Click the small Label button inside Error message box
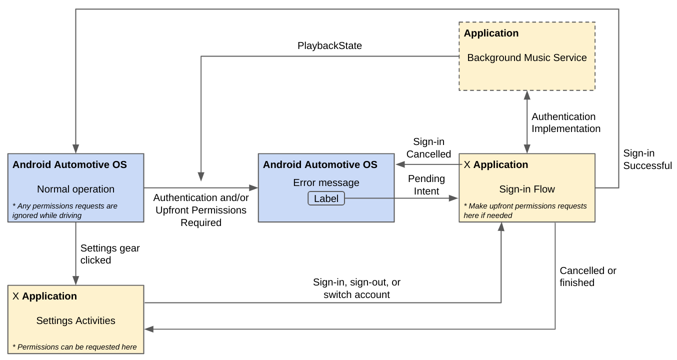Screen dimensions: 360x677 (326, 198)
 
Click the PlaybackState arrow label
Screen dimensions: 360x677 (329, 46)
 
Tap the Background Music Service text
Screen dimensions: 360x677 (526, 58)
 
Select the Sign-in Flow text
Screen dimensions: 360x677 (527, 189)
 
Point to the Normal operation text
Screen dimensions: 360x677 (75, 189)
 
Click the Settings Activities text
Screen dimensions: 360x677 (75, 321)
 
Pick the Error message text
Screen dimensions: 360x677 (326, 183)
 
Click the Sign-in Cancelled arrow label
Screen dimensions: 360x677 (428, 148)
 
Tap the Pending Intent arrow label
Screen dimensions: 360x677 (426, 185)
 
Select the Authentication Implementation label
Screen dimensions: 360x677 (565, 122)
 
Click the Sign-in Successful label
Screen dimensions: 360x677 (647, 159)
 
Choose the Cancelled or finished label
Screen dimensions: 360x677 (587, 276)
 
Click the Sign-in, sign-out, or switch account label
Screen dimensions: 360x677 (356, 288)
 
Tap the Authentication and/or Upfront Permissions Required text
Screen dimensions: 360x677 (201, 210)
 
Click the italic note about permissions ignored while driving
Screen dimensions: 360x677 (64, 210)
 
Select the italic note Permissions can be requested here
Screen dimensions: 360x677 (74, 347)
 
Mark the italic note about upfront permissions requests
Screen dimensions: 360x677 (525, 210)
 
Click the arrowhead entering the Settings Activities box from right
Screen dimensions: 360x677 (148, 329)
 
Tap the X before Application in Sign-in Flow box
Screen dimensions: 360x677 (467, 165)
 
